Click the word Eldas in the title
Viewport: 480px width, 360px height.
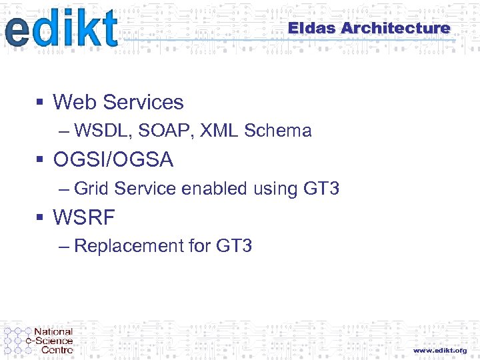click(312, 28)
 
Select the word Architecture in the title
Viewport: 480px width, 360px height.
click(396, 28)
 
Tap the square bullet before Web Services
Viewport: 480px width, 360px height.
click(40, 102)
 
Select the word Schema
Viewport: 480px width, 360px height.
click(278, 131)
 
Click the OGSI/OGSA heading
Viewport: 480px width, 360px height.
click(113, 160)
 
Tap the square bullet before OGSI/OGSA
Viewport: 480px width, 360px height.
click(40, 160)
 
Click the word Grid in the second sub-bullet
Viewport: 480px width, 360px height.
click(91, 189)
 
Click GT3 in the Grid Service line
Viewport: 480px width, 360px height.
click(321, 189)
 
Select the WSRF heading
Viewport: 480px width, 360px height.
click(84, 217)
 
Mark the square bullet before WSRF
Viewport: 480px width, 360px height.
click(40, 217)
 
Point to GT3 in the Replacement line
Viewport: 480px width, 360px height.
click(234, 246)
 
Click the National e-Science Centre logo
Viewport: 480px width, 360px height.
click(39, 340)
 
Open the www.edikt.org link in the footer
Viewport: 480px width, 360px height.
click(439, 350)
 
